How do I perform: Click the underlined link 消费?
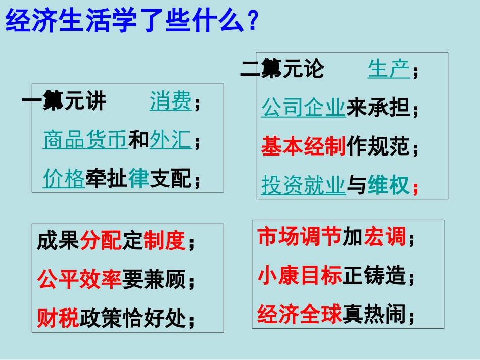coord(171,102)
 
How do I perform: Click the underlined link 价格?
coord(64,179)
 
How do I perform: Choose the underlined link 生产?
coord(389,69)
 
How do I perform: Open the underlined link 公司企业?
coord(303,108)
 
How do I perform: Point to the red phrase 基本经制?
coord(303,147)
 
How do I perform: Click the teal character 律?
coord(139,179)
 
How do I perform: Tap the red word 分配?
coord(101,241)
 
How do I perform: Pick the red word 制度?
coord(165,241)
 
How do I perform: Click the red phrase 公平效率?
coord(79,279)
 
